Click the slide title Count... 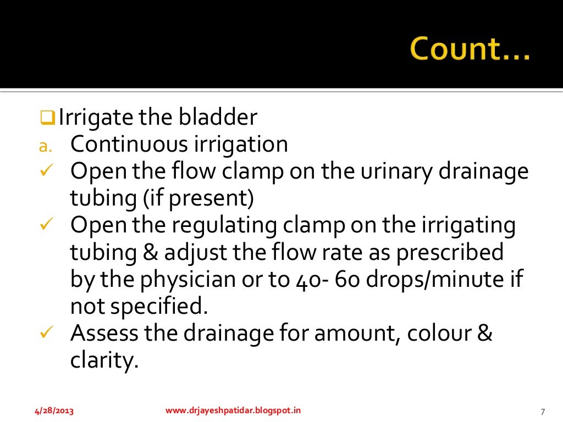[x=469, y=50]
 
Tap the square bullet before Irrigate [x=48, y=118]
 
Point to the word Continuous [x=128, y=144]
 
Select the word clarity [x=103, y=361]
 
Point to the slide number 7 [x=542, y=412]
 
